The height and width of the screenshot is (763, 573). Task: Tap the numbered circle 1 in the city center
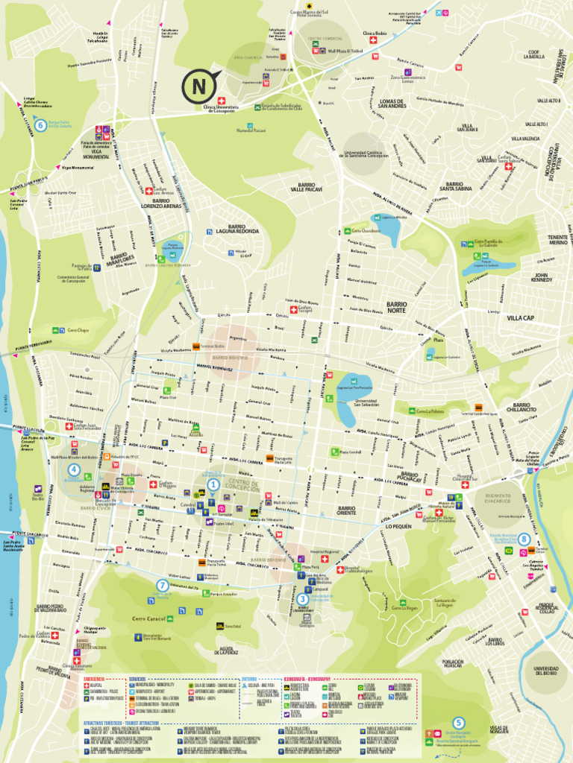tap(213, 484)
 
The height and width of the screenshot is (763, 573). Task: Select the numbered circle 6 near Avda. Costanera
tap(40, 125)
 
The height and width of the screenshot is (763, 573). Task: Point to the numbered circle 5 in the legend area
tap(459, 721)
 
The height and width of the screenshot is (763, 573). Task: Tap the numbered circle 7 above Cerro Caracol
tap(162, 585)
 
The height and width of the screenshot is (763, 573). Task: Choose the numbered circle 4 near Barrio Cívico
tap(73, 469)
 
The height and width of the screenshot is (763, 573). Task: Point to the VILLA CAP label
tap(521, 317)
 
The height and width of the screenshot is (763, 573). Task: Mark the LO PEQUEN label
tap(398, 526)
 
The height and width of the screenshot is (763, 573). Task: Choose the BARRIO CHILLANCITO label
tap(521, 408)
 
